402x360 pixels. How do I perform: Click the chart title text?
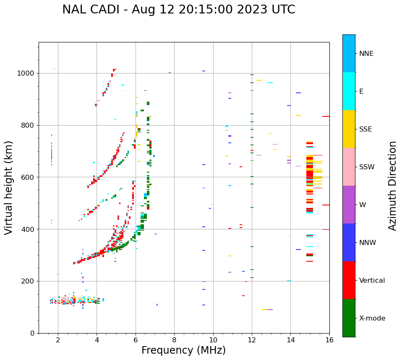tap(178, 10)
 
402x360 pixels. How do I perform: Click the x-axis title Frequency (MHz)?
tap(183, 350)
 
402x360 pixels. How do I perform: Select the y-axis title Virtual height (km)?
tap(9, 187)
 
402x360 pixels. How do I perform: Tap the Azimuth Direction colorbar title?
tap(392, 186)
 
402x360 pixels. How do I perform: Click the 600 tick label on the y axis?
tap(30, 177)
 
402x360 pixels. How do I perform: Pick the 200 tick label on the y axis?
tap(30, 281)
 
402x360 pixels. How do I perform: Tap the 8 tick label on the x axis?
tap(174, 340)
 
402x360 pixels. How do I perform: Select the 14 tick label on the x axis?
tap(290, 340)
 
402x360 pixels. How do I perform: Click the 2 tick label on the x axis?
tap(58, 340)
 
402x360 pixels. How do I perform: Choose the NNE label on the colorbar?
tap(366, 54)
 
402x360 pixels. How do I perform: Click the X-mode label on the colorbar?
tap(372, 318)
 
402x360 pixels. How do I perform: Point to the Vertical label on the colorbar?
tap(372, 281)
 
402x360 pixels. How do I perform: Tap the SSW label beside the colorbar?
tap(367, 167)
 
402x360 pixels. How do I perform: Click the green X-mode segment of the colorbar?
tap(349, 318)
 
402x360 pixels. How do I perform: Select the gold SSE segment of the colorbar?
tap(349, 129)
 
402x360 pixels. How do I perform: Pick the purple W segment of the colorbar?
tap(349, 205)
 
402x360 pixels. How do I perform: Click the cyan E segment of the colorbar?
tap(349, 91)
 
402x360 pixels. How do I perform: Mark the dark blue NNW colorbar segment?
tap(349, 242)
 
